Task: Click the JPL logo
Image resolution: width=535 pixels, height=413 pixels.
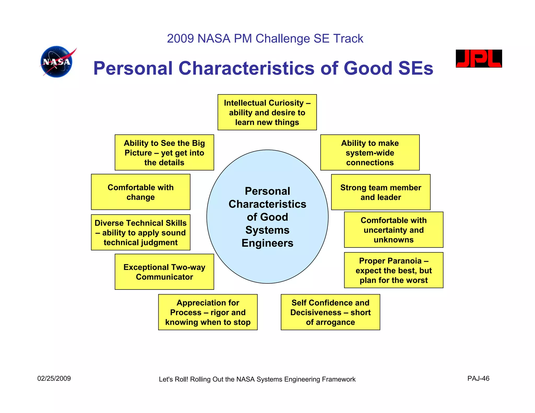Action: (x=479, y=59)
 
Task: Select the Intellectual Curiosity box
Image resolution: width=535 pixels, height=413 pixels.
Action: (x=267, y=113)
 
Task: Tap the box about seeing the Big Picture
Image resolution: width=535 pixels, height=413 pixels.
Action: (x=164, y=153)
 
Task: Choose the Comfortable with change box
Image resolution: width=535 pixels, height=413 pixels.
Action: (x=141, y=192)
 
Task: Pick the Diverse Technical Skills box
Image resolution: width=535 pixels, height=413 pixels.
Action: (x=141, y=233)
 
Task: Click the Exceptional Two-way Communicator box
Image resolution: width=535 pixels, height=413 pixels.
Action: (x=164, y=272)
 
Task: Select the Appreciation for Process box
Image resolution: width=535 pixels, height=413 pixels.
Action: (x=208, y=312)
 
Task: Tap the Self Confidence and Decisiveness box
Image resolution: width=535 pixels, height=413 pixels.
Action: (x=330, y=312)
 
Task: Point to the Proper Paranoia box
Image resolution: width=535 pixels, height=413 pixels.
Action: (x=393, y=270)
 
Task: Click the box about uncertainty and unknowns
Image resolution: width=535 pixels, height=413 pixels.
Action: (x=393, y=230)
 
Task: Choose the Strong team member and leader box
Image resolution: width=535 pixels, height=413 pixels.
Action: (x=381, y=192)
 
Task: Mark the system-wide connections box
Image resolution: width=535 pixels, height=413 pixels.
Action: (x=370, y=153)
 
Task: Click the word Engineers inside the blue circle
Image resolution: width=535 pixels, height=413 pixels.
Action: (x=267, y=243)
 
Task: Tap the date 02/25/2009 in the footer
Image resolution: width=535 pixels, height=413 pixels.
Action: (x=54, y=379)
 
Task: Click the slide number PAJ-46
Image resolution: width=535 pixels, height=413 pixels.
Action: (x=478, y=379)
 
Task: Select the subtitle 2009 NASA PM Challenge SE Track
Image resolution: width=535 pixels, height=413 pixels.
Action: (x=265, y=39)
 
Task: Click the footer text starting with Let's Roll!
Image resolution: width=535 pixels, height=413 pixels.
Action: (x=257, y=379)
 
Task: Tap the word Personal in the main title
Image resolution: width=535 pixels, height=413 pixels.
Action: (x=133, y=68)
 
